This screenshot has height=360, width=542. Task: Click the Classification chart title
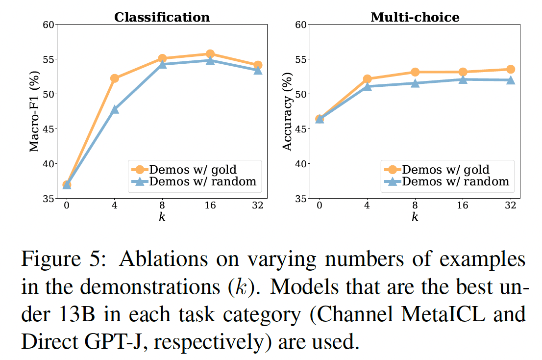(162, 17)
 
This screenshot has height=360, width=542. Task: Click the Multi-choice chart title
(415, 17)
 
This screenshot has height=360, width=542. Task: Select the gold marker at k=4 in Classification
(115, 78)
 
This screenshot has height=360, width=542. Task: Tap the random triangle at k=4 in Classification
(115, 109)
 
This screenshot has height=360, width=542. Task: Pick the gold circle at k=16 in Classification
(210, 54)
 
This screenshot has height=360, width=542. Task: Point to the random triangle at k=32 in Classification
(258, 70)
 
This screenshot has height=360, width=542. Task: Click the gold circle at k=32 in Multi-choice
(511, 69)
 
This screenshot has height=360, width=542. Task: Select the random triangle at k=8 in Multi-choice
(415, 83)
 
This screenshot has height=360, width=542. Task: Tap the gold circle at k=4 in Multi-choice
(368, 79)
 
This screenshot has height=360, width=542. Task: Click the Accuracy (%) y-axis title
(287, 111)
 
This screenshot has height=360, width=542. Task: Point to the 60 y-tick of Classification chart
(48, 25)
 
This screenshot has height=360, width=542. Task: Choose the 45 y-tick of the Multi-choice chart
(301, 129)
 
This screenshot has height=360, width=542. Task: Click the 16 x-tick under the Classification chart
(210, 206)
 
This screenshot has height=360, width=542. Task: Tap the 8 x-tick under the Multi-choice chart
(415, 206)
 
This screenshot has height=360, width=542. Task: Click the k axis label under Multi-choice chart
(415, 217)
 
